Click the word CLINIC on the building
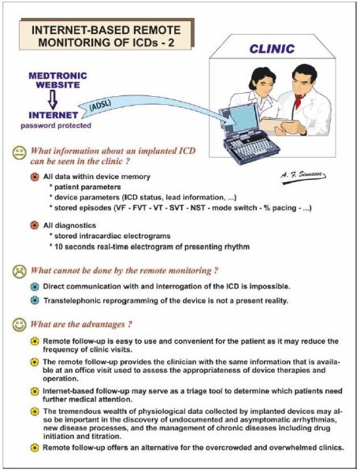[x=272, y=49]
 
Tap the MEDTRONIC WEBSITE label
[x=58, y=80]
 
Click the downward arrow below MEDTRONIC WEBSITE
[x=53, y=100]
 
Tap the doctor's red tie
[x=299, y=101]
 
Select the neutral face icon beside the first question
[x=19, y=152]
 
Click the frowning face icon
[x=19, y=271]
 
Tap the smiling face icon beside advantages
[x=19, y=325]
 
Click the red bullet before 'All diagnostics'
[x=35, y=225]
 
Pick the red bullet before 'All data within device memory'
[x=35, y=177]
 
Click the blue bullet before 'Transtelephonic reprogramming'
[x=35, y=300]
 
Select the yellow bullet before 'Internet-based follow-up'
[x=35, y=391]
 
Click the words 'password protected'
[x=56, y=125]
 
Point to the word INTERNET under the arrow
[x=54, y=115]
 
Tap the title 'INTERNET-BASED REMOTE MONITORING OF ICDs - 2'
[x=106, y=36]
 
